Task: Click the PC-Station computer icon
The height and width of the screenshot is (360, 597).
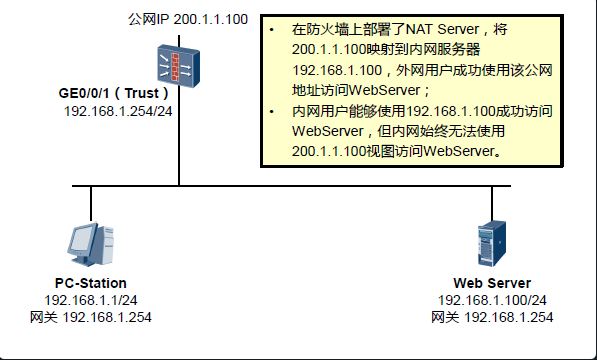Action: click(x=90, y=243)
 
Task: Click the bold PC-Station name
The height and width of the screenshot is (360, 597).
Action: click(x=91, y=283)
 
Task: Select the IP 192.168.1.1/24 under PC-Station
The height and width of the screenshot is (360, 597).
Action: click(x=91, y=300)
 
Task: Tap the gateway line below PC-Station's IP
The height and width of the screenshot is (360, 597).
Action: click(x=91, y=317)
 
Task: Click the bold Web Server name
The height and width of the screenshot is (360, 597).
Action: click(x=491, y=283)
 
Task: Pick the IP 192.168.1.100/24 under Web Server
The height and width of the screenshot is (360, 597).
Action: click(x=492, y=300)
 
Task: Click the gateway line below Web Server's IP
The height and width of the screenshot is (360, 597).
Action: click(x=492, y=317)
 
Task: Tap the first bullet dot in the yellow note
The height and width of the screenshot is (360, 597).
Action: click(x=272, y=30)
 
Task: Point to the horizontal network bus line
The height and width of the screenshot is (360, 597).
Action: click(x=300, y=186)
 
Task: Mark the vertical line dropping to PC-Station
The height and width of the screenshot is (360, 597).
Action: click(x=91, y=204)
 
